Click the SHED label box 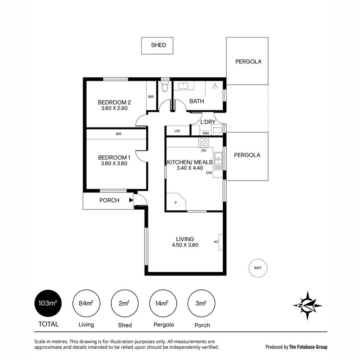coord(158,45)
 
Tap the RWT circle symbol coord(258,268)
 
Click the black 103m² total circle coord(47,303)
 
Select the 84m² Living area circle coord(86,303)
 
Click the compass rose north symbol coord(307,305)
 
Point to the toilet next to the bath coord(165,87)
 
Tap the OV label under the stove coord(204,151)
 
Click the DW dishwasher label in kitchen coord(209,172)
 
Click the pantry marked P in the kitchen coord(175,203)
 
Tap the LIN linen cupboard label coord(177,131)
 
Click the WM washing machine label coord(205,133)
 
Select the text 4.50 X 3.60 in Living coord(185,245)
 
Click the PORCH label coord(109,200)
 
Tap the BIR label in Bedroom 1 coord(119,134)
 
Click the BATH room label coord(196,101)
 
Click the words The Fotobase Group coord(308,347)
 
